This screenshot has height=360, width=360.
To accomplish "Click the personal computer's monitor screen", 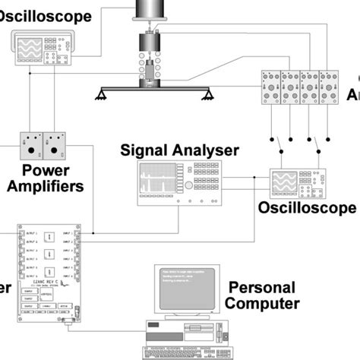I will click(186, 286).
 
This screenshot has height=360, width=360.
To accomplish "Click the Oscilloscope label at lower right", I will click(307, 208).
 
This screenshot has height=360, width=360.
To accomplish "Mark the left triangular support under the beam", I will click(103, 95).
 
